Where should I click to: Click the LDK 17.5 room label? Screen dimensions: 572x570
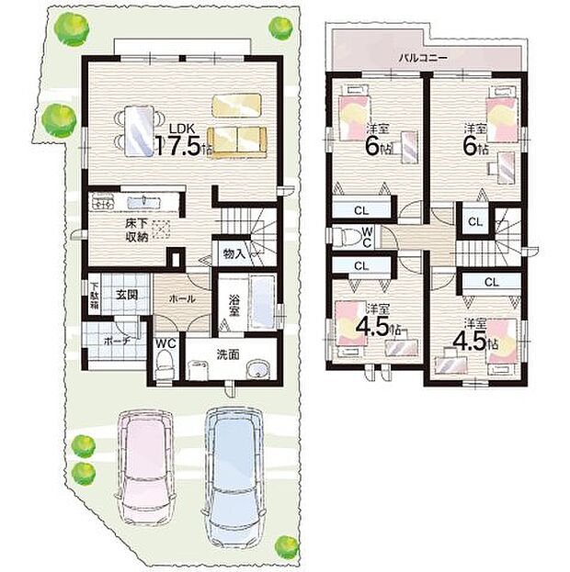click(x=182, y=140)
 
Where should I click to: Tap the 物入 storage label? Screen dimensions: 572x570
click(x=234, y=253)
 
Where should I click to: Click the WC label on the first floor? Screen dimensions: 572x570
click(x=165, y=344)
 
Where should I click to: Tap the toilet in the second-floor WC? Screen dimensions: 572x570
click(x=348, y=237)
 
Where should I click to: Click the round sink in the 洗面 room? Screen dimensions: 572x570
click(x=260, y=371)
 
